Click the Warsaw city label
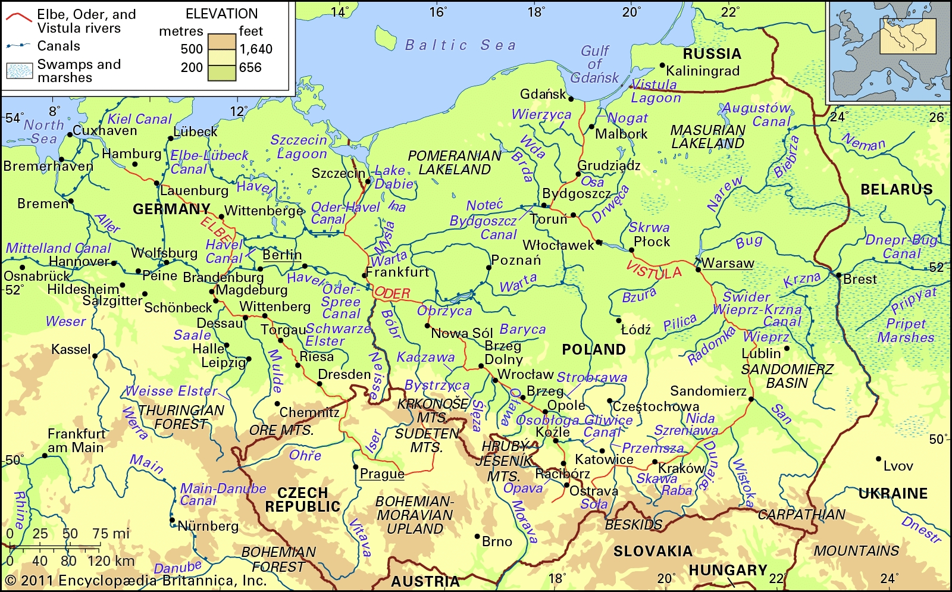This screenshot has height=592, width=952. point(728,263)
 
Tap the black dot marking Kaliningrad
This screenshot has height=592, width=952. point(662,65)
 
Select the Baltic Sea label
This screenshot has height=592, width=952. point(460,45)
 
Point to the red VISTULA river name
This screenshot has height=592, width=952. point(653,271)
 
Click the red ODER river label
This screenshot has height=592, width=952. point(392,293)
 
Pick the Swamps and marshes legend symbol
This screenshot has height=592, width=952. point(20,71)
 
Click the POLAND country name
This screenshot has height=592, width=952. point(593,349)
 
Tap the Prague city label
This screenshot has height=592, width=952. point(382,474)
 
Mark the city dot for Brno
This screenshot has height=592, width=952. point(477,536)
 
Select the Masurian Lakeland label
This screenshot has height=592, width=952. point(707,137)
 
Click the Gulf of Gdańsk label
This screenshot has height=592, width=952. point(594,64)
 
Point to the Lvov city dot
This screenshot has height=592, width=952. point(878,459)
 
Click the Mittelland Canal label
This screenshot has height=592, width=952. point(58,248)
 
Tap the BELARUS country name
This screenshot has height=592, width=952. point(896,190)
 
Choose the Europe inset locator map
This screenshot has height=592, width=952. point(888,51)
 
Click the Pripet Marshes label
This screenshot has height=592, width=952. point(906,331)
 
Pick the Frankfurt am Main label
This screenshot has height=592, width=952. point(76,440)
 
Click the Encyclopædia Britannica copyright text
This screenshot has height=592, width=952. point(136,581)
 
